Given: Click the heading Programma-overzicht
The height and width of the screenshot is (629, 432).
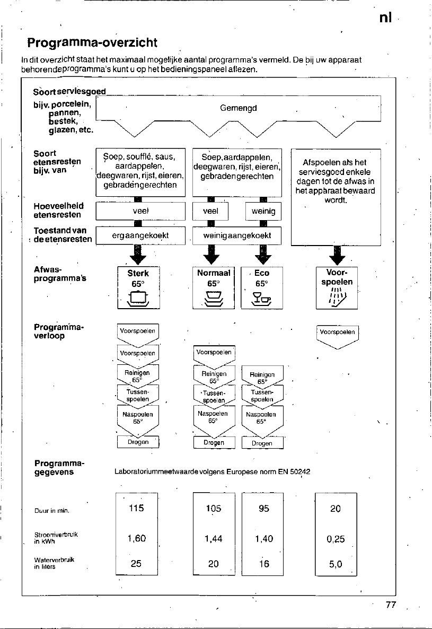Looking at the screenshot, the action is (92, 42).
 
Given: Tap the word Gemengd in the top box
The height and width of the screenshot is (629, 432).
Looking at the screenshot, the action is (239, 108).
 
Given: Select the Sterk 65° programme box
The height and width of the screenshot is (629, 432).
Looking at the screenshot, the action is (138, 287).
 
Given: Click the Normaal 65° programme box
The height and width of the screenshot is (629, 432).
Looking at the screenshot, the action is (214, 287).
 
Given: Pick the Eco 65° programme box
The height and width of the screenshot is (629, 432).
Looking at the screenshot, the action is (262, 287).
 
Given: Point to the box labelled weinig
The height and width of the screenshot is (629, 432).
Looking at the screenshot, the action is (263, 212).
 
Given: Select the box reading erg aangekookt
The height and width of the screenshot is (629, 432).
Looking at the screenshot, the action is (140, 235).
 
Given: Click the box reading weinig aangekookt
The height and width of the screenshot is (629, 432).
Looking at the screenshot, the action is (237, 235).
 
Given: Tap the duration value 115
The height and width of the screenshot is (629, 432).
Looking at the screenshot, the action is (136, 508).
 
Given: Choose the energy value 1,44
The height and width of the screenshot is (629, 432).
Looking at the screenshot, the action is (214, 539).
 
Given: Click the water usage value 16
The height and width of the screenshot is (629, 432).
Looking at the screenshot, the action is (263, 564).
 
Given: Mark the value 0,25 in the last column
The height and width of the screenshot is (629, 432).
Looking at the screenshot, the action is (336, 539).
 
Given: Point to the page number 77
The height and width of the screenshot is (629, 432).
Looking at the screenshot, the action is (391, 605).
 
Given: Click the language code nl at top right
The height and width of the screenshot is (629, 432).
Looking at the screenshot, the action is (385, 18).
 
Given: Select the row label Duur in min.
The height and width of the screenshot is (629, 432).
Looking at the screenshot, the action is (52, 511).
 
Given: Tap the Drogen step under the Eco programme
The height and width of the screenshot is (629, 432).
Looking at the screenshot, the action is (262, 443).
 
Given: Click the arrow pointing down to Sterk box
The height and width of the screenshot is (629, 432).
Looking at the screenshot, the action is (138, 255).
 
